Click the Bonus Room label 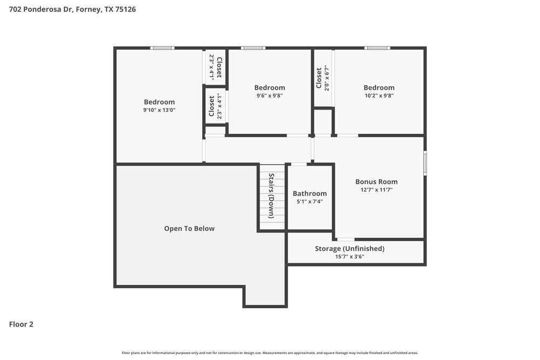(376, 182)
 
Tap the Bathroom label (309, 194)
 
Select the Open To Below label (189, 229)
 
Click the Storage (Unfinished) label (349, 249)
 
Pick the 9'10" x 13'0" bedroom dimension (159, 110)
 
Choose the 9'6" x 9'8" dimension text (269, 96)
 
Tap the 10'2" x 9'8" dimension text (379, 96)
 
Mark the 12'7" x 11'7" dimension (376, 190)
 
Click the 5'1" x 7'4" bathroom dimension (309, 202)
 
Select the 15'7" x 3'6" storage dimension (349, 257)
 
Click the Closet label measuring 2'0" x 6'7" (319, 78)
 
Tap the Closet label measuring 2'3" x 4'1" (219, 67)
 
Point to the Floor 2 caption (21, 324)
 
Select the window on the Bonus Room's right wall (425, 163)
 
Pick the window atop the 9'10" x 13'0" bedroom (162, 48)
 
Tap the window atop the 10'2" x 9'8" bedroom (377, 48)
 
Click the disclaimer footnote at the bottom (270, 353)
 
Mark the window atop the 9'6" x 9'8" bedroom (253, 48)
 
